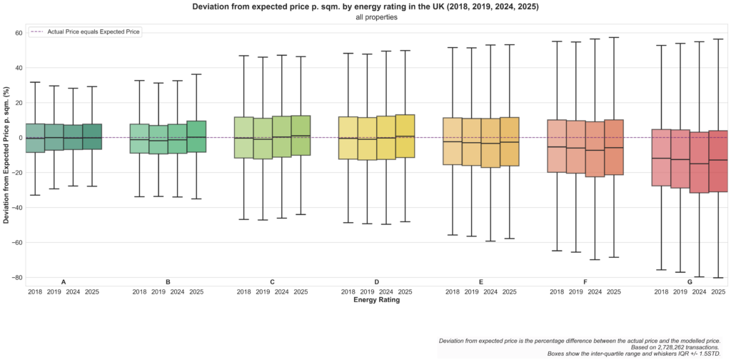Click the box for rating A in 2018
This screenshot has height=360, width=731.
click(35, 138)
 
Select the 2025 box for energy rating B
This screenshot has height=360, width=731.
click(196, 136)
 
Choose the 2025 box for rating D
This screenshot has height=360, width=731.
click(405, 136)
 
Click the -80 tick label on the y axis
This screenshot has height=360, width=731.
click(16, 277)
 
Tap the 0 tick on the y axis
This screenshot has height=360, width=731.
click(20, 138)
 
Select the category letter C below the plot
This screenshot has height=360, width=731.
click(273, 282)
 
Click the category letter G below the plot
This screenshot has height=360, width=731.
click(690, 282)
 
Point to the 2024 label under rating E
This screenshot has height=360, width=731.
click(490, 291)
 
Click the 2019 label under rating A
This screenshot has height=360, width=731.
click(54, 291)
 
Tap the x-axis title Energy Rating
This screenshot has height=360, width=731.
click(376, 300)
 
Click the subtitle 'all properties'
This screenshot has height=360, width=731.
click(376, 17)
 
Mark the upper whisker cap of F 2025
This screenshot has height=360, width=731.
click(614, 37)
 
